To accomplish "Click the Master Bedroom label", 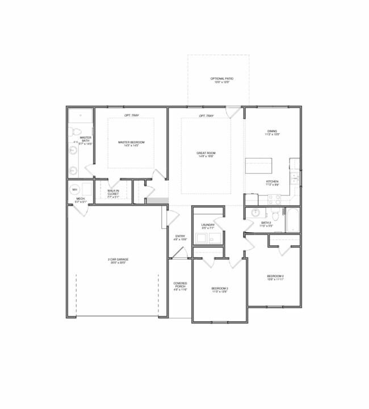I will [131, 143].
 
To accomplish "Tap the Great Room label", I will [206, 155].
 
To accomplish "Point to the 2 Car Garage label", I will [119, 261].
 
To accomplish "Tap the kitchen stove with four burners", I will [274, 199].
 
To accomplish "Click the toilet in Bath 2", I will [274, 214].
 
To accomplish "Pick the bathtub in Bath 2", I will [292, 220].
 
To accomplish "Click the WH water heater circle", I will [74, 189].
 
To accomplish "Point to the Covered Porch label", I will [179, 286].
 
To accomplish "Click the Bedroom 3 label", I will [220, 289].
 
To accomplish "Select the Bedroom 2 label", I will [275, 278].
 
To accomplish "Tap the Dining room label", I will [272, 133].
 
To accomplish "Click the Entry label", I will [179, 238].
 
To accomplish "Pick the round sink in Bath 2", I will [255, 213].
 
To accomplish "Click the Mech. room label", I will [80, 199].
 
